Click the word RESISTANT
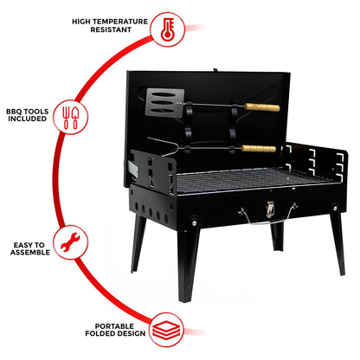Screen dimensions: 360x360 (108, 29)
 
